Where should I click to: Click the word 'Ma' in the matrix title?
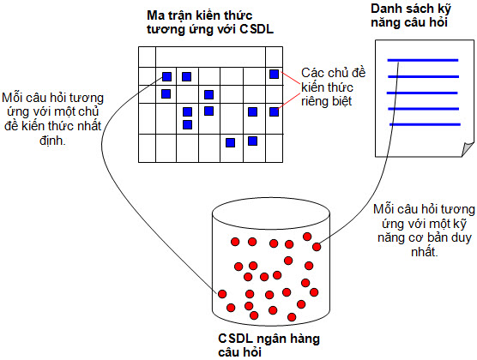[x=154, y=15]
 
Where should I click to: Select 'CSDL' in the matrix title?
[x=257, y=29]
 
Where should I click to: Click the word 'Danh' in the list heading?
[x=386, y=9]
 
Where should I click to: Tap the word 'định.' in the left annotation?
[x=52, y=141]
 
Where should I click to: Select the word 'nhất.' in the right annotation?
[x=425, y=252]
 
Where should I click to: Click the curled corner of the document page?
[x=468, y=149]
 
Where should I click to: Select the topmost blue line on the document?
[x=423, y=60]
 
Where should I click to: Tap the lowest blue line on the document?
[x=425, y=124]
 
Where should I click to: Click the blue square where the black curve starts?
[x=166, y=76]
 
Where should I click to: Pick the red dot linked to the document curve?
[x=317, y=247]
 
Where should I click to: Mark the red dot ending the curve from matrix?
[x=222, y=294]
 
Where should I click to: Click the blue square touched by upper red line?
[x=274, y=74]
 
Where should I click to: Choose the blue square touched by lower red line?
[x=274, y=112]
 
